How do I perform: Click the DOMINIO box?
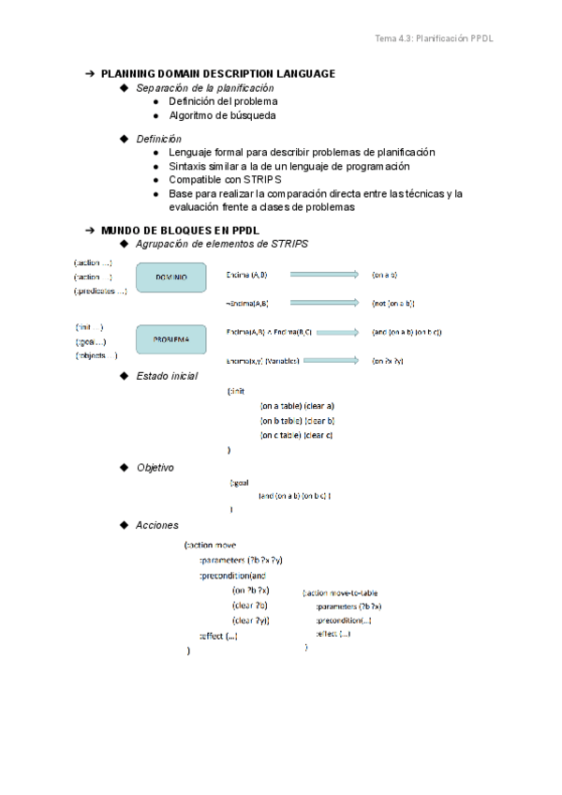tap(170, 277)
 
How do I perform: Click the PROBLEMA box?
tap(170, 338)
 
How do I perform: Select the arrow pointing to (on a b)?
tap(324, 275)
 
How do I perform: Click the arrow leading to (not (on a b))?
tap(324, 303)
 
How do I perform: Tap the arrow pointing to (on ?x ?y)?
tap(324, 360)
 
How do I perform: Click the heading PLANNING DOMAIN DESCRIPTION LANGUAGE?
tap(217, 73)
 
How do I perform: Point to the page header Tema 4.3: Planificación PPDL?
tap(434, 38)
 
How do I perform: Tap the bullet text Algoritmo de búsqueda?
tap(222, 115)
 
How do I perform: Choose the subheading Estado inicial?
tap(167, 376)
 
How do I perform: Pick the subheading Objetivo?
tap(155, 467)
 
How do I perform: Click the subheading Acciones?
tap(156, 525)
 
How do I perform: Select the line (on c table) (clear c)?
tap(297, 435)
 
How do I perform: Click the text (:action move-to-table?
tap(341, 593)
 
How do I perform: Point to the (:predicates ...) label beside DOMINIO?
tap(100, 292)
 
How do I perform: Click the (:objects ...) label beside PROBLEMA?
tap(96, 355)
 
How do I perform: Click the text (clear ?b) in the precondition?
tap(250, 605)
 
